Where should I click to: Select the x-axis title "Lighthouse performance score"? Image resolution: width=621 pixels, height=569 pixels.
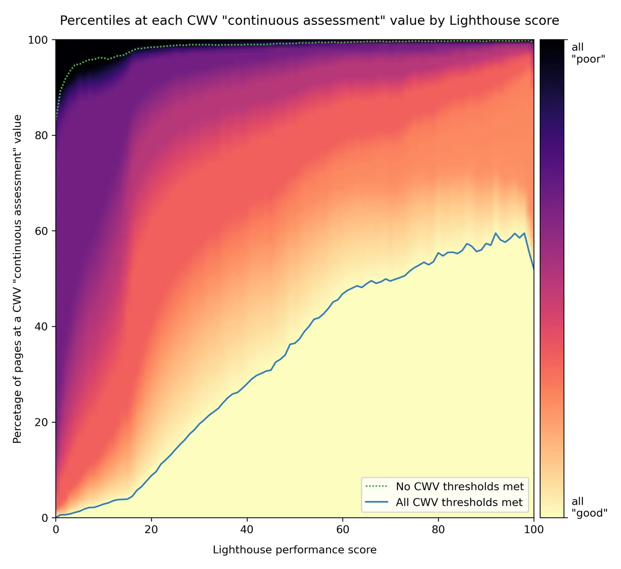tap(295, 550)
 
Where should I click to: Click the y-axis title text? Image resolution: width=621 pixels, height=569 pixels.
tap(18, 279)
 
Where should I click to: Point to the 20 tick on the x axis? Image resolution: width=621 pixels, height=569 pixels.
tap(151, 529)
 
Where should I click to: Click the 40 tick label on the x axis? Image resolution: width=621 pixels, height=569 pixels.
tap(247, 529)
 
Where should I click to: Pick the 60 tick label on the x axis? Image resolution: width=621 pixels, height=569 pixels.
tap(342, 529)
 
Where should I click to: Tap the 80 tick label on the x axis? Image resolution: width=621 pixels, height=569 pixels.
tap(438, 529)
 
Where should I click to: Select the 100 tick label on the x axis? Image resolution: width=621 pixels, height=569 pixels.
tap(533, 529)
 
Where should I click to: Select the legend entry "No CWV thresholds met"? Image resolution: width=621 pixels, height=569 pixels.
tap(460, 487)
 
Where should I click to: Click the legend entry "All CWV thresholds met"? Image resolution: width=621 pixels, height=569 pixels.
tap(459, 502)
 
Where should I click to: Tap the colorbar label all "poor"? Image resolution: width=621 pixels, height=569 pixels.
tap(588, 53)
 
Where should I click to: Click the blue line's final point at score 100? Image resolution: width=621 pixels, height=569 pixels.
tap(533, 269)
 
